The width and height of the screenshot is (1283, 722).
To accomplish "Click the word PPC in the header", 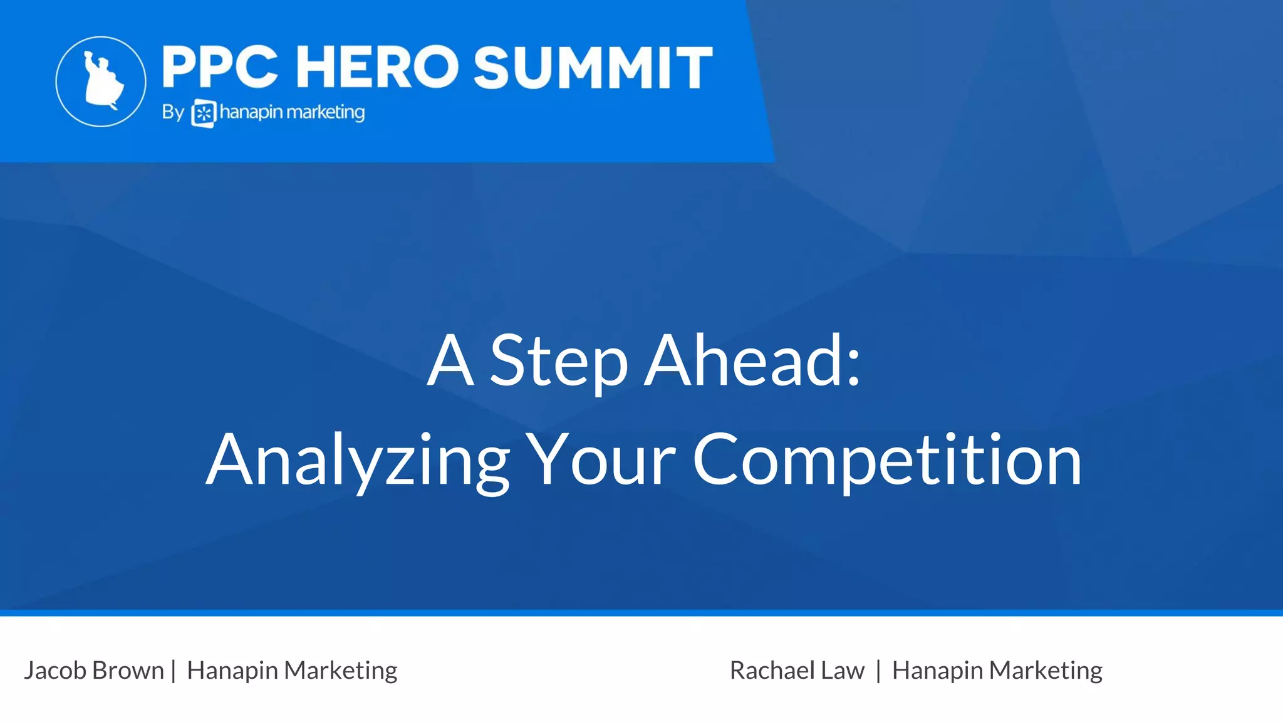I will (x=219, y=67).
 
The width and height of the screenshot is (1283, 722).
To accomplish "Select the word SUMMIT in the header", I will (x=593, y=67).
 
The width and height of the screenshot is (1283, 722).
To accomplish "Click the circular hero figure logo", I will (x=101, y=81).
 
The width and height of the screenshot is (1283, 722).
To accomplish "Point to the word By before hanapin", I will (x=173, y=113).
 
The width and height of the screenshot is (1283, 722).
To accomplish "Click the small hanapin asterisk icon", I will (x=204, y=113).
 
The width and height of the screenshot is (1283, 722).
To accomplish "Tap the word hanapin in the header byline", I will (x=251, y=113).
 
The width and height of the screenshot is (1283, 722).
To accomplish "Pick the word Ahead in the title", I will (x=743, y=361).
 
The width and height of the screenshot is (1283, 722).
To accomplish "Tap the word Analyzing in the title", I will (x=358, y=461).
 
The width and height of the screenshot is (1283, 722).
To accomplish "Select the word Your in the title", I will (x=600, y=461).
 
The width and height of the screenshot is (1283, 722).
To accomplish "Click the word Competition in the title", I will (x=887, y=461).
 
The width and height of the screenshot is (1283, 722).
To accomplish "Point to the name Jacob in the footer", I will (x=55, y=671).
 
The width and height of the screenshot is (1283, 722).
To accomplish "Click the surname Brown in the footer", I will (x=128, y=670).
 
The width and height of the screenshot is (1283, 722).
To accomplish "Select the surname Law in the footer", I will (x=843, y=670).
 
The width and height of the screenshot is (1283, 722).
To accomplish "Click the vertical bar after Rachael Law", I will (x=878, y=671).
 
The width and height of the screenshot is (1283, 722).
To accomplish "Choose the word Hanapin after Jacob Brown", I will (x=232, y=671).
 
